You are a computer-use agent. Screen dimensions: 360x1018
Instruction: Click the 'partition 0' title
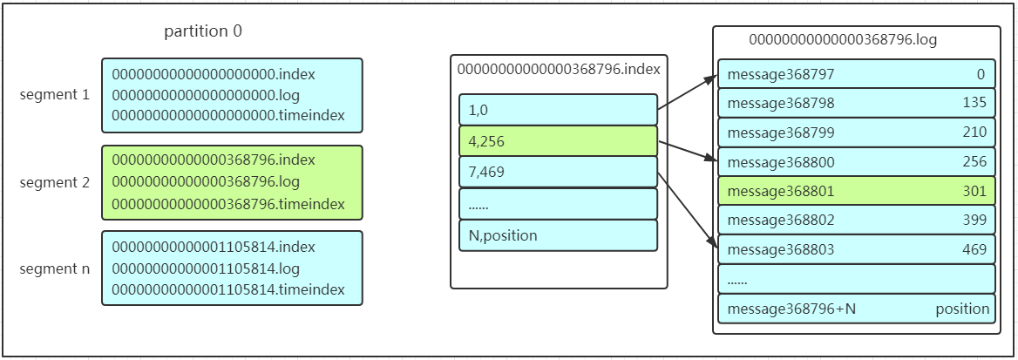coord(203,31)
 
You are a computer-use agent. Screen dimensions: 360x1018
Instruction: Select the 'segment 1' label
coord(55,94)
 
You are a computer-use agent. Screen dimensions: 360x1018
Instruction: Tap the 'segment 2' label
coord(55,183)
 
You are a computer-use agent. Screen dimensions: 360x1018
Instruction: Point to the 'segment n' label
coord(55,269)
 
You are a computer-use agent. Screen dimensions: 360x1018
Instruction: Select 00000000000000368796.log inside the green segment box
coord(206,182)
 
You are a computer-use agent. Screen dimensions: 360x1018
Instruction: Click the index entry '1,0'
coord(478,110)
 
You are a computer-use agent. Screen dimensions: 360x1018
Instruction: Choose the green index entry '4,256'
coord(487,140)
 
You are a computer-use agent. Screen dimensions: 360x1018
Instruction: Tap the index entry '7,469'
coord(487,172)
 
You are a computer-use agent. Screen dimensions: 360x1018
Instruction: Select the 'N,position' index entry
coord(503,235)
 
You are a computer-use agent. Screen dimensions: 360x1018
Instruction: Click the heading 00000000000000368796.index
coord(559,68)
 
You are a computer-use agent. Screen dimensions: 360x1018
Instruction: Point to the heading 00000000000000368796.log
coord(843,40)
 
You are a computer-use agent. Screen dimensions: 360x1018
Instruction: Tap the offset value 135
coord(974,104)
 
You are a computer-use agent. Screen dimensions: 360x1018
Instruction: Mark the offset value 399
coord(974,221)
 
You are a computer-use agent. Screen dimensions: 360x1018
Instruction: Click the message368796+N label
coord(791,309)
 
